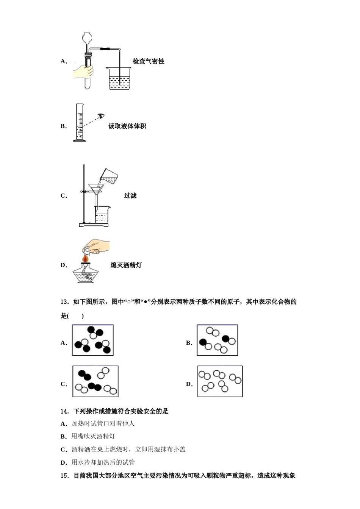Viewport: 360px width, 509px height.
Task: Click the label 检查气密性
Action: (148, 61)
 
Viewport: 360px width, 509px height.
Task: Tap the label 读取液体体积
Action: (127, 126)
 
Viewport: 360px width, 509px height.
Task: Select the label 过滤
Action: (130, 196)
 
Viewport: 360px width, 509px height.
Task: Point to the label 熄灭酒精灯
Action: (126, 265)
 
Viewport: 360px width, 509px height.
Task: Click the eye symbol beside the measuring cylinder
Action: (101, 116)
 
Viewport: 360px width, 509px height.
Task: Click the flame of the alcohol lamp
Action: (86, 258)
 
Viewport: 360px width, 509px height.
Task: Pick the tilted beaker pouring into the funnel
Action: (109, 176)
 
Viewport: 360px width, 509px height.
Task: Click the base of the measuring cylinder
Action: (80, 141)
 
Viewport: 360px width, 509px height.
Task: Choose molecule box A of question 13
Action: (93, 340)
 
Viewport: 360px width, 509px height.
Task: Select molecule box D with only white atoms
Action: (220, 381)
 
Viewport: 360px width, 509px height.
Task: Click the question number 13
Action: (64, 302)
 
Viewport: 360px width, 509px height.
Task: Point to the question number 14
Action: (64, 411)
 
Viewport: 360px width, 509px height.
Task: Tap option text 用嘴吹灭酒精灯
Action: (93, 436)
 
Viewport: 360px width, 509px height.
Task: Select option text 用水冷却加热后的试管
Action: (103, 462)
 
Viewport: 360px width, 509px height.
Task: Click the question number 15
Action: (64, 476)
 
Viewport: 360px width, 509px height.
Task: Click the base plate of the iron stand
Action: (94, 225)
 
